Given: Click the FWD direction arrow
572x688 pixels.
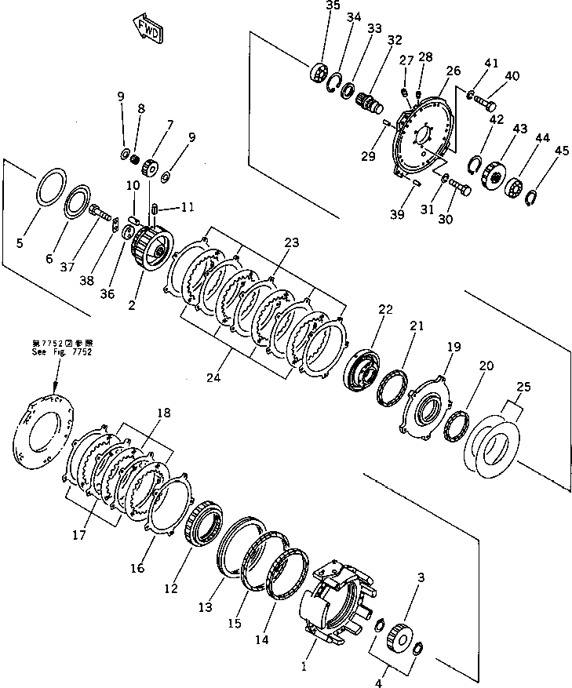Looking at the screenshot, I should [148, 28].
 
